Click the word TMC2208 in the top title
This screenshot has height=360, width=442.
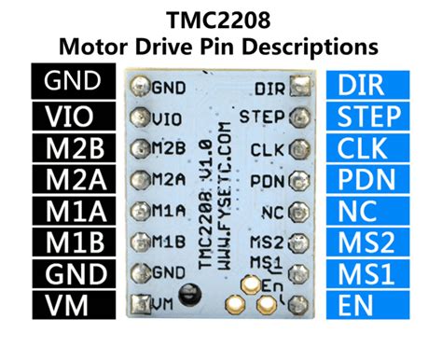click(220, 19)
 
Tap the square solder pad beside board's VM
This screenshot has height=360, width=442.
click(141, 302)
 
